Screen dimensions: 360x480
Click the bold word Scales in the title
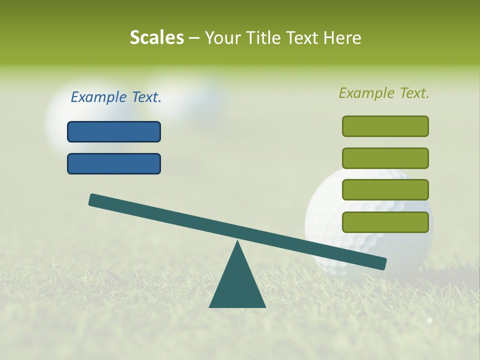pyautogui.click(x=156, y=38)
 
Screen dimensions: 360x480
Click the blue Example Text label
pyautogui.click(x=116, y=97)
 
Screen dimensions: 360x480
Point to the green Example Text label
pyautogui.click(x=384, y=93)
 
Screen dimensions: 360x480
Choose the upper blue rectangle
pyautogui.click(x=114, y=132)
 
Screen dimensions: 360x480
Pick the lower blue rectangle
pyautogui.click(x=114, y=164)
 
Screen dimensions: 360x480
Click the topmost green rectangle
pyautogui.click(x=385, y=126)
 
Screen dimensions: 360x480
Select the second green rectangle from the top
pyautogui.click(x=385, y=158)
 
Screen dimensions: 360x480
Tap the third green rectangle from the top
pyautogui.click(x=385, y=190)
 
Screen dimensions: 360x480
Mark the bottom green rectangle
pyautogui.click(x=385, y=222)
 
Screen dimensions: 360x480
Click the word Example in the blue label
pyautogui.click(x=99, y=97)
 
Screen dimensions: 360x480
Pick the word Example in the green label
pyautogui.click(x=367, y=93)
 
